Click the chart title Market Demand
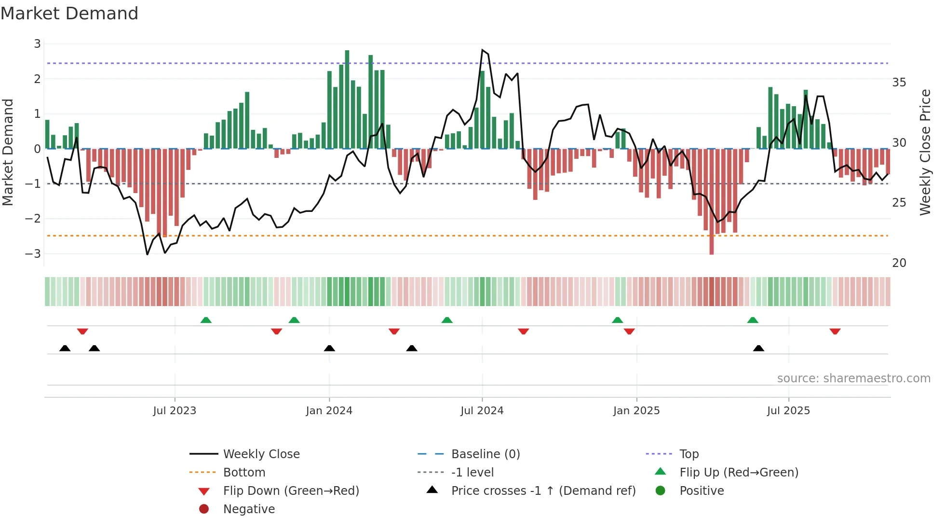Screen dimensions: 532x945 tap(69, 14)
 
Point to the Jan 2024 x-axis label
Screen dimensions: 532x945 tap(329, 411)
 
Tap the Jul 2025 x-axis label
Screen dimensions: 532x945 tap(788, 411)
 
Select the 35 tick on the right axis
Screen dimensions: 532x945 tap(899, 83)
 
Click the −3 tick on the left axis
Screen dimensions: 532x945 tap(33, 253)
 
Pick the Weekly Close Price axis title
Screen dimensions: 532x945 tap(925, 152)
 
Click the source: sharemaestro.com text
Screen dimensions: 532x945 tap(853, 378)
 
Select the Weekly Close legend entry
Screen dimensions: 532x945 tap(261, 454)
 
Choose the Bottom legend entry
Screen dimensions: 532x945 tap(244, 473)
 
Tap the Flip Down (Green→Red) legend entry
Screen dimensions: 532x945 tap(291, 491)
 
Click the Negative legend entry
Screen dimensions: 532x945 tap(249, 509)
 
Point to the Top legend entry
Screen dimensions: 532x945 tap(688, 454)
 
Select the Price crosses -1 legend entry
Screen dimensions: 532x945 tap(543, 491)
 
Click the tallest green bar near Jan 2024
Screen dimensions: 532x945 tap(347, 99)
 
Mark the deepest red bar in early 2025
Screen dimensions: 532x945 tap(712, 203)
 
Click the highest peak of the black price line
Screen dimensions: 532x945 tap(482, 50)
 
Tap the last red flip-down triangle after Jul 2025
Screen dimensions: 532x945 tap(835, 331)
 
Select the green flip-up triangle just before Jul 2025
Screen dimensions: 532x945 tap(753, 320)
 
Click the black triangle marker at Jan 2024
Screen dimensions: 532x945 tap(329, 348)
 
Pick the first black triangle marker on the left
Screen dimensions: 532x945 tap(65, 348)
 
